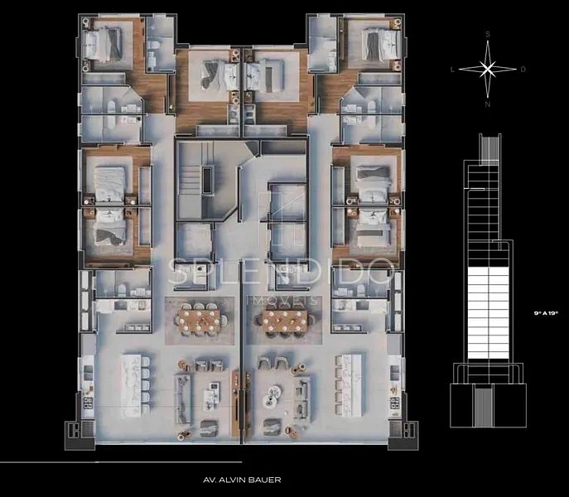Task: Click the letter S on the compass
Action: point(488,35)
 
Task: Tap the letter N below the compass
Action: point(488,104)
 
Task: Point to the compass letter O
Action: point(523,70)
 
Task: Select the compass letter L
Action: point(452,70)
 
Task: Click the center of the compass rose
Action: point(488,69)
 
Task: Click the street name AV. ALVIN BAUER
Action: point(242,480)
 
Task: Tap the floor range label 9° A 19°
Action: point(546,312)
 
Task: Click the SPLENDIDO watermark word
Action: point(282,271)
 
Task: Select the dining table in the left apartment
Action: point(199,321)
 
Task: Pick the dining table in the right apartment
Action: point(285,321)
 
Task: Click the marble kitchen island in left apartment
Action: point(131,385)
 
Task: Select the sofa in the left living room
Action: point(182,399)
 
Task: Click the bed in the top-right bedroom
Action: point(382,44)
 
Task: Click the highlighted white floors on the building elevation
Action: point(489,313)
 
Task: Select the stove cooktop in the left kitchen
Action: point(88,403)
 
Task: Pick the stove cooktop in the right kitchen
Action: point(394,402)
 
